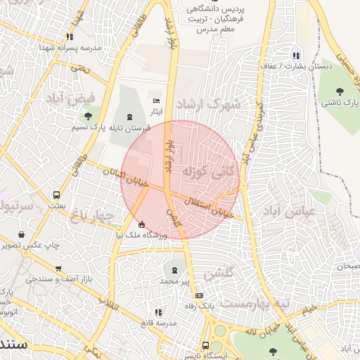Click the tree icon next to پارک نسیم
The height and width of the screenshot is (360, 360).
[87, 117]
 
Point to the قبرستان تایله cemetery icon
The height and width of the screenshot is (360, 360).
[128, 117]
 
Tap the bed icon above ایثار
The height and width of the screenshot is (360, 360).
[156, 102]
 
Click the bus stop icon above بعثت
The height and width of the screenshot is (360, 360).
[56, 195]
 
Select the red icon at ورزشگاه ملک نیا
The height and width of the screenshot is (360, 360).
[143, 225]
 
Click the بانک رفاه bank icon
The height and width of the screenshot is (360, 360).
[200, 295]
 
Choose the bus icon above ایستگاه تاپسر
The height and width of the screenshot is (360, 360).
[205, 345]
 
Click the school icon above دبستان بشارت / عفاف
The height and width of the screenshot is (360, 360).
[295, 55]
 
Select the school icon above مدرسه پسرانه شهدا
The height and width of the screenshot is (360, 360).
[69, 36]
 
